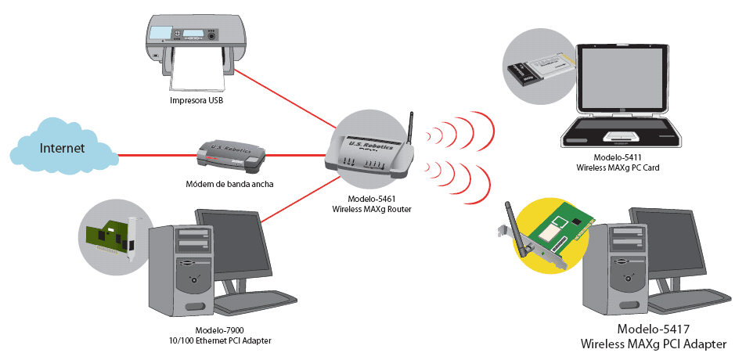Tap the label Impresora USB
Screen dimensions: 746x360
[196, 101]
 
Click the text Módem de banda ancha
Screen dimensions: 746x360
[229, 184]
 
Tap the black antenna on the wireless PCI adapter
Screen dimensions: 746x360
[515, 226]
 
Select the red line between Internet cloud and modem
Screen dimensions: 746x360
[157, 155]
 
